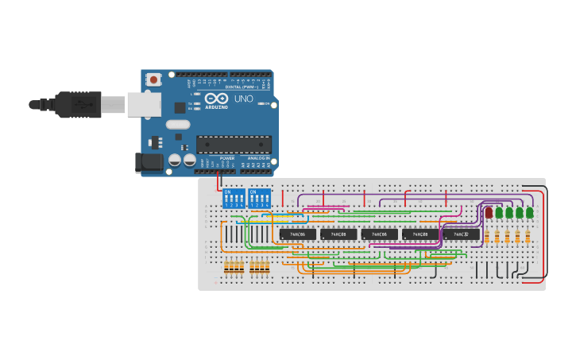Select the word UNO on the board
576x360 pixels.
pyautogui.click(x=243, y=99)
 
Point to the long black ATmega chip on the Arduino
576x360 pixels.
pyautogui.click(x=234, y=144)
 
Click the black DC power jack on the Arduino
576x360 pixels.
pyautogui.click(x=149, y=162)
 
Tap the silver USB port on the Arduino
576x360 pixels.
pyautogui.click(x=144, y=104)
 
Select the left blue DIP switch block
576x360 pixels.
pyautogui.click(x=234, y=199)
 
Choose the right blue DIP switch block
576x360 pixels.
pyautogui.click(x=259, y=199)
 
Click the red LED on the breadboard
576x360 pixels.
pyautogui.click(x=489, y=212)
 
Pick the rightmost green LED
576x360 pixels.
pyautogui.click(x=529, y=212)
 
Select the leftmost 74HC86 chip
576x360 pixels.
pyautogui.click(x=298, y=234)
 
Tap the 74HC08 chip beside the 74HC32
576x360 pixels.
pyautogui.click(x=420, y=234)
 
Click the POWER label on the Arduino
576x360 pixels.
pyautogui.click(x=227, y=158)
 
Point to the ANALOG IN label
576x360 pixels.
pyautogui.click(x=258, y=158)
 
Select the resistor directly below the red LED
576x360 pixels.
pyautogui.click(x=487, y=237)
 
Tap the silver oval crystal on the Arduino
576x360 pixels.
pyautogui.click(x=178, y=124)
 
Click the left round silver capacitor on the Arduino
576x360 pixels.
pyautogui.click(x=174, y=161)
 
